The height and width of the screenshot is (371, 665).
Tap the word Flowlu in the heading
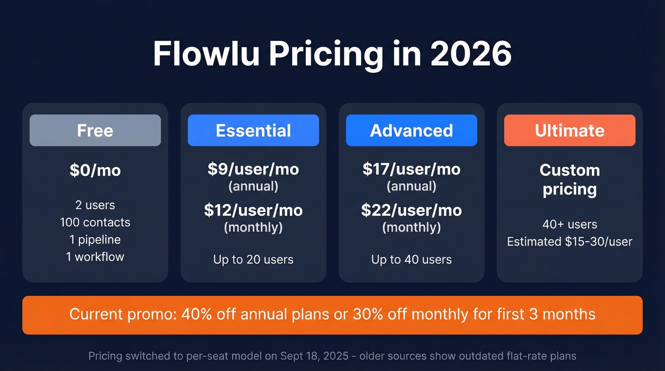[x=206, y=54]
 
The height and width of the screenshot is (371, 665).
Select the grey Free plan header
[x=95, y=130]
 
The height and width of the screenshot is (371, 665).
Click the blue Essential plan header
[x=253, y=130]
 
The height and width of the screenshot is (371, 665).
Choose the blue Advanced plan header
[x=411, y=130]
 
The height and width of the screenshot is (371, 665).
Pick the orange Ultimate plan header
[x=570, y=130]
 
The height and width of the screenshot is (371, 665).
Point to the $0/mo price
[x=95, y=170]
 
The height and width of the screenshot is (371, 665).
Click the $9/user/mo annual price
[x=253, y=169]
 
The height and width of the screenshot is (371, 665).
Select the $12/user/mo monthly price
[x=253, y=210]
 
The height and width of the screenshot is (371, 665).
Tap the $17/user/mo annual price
[x=411, y=169]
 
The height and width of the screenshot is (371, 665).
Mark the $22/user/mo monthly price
[x=411, y=210]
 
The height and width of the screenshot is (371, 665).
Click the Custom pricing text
[x=570, y=179]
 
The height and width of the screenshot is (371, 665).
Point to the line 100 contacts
[x=95, y=222]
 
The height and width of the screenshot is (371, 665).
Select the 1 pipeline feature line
[x=95, y=239]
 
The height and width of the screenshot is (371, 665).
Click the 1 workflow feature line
[x=95, y=257]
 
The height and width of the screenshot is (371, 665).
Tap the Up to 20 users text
[x=253, y=259]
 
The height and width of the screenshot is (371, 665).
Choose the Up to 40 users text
[x=411, y=259]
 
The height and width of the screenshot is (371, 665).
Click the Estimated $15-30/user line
[x=570, y=241]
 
